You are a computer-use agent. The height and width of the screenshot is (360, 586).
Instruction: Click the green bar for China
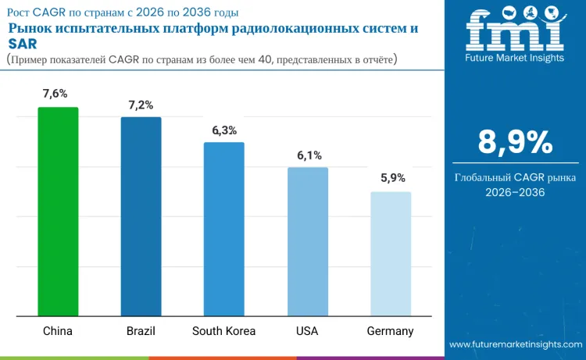pyautogui.click(x=58, y=212)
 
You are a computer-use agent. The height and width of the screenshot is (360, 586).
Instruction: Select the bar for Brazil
pyautogui.click(x=141, y=216)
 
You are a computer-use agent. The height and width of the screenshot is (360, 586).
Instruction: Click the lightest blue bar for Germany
pyautogui.click(x=391, y=254)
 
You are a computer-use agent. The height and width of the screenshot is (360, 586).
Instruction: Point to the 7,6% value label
pyautogui.click(x=58, y=94)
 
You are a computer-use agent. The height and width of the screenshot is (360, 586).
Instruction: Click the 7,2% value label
pyautogui.click(x=141, y=104)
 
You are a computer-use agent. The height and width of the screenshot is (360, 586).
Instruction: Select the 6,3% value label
pyautogui.click(x=224, y=130)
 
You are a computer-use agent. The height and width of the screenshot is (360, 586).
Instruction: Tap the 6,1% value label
pyautogui.click(x=309, y=155)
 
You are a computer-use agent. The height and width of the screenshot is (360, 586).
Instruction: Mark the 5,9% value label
pyautogui.click(x=392, y=178)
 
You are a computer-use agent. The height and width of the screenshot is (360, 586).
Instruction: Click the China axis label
pyautogui.click(x=58, y=331)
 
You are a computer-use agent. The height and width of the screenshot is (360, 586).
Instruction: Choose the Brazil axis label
pyautogui.click(x=141, y=331)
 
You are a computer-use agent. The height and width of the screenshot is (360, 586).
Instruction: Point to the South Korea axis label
pyautogui.click(x=224, y=331)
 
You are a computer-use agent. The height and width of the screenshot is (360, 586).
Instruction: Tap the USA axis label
pyautogui.click(x=307, y=331)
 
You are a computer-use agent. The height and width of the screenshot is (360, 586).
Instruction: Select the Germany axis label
pyautogui.click(x=391, y=331)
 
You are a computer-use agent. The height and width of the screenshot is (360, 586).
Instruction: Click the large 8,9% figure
pyautogui.click(x=515, y=143)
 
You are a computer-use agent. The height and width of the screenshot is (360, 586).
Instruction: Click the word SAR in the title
pyautogui.click(x=23, y=43)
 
